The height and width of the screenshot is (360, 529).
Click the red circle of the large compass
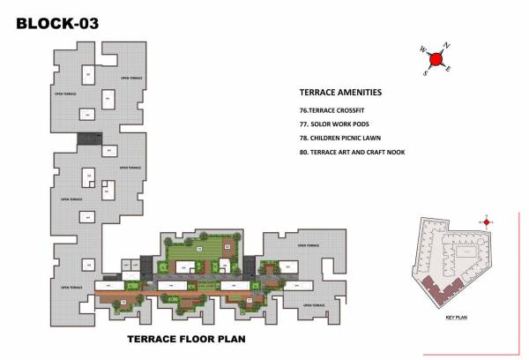[x=434, y=59]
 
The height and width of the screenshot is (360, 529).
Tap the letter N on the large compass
[x=447, y=45]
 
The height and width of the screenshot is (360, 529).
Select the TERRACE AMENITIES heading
[x=340, y=92]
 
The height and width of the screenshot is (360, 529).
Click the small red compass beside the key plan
[x=485, y=221]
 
